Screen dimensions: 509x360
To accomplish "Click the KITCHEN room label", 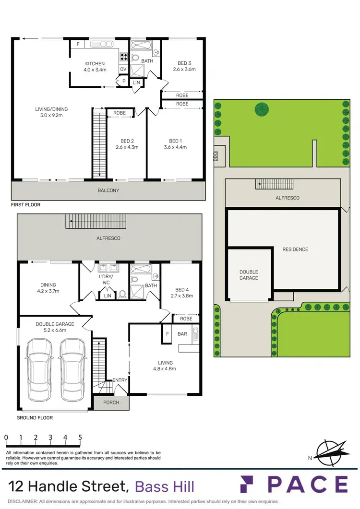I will pos(95,64).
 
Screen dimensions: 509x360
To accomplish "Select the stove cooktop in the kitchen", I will pos(123,57).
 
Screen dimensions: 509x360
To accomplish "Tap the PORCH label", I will pos(111,402).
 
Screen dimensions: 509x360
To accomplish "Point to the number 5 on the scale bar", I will pos(80,438).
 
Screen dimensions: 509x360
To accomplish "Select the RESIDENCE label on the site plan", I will pos(295,249).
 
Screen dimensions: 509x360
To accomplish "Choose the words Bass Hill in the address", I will pos(165,486).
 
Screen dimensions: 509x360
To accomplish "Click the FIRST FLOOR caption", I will pos(26,205).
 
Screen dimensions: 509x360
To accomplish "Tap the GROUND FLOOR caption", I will pos(35,418).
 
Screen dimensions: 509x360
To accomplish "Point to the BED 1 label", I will pos(175,141).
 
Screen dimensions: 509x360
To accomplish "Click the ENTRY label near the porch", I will pos(120,380).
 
